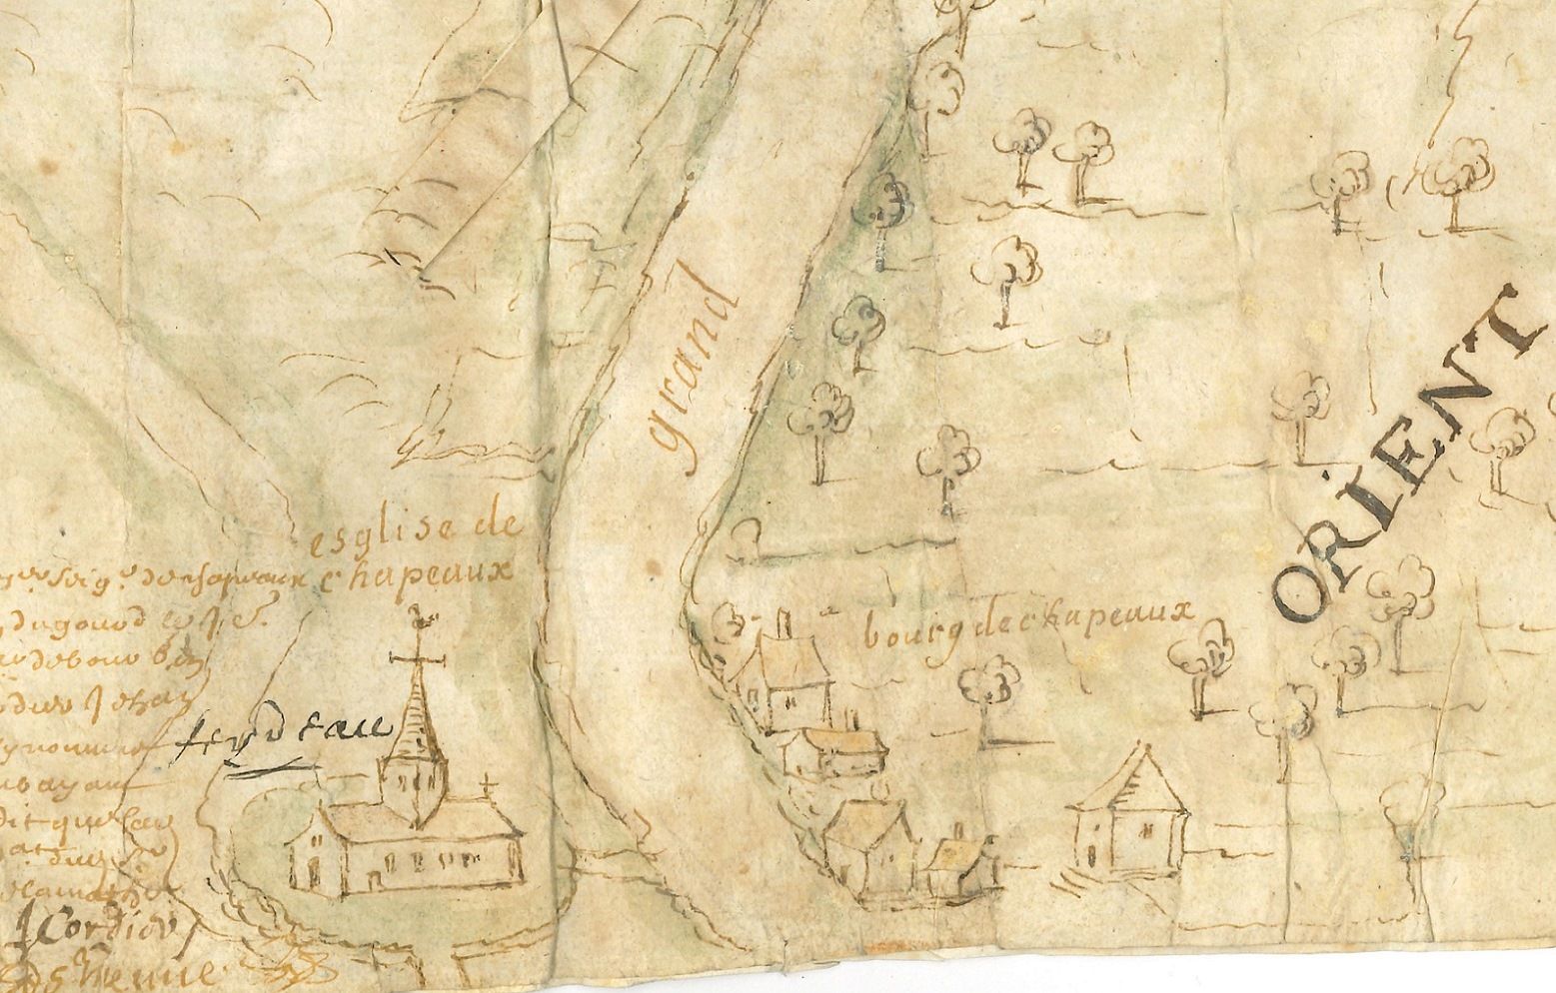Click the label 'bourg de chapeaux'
click(1029, 628)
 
